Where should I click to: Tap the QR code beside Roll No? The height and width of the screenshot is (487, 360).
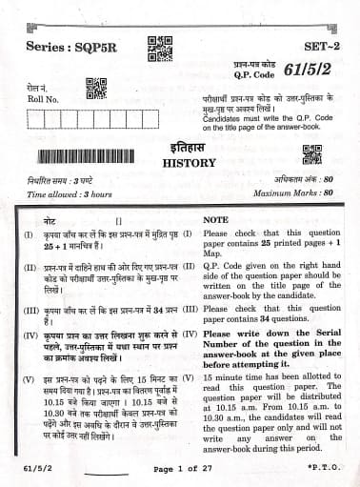pos(94,90)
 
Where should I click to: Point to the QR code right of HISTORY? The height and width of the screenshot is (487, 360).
pos(310,155)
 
